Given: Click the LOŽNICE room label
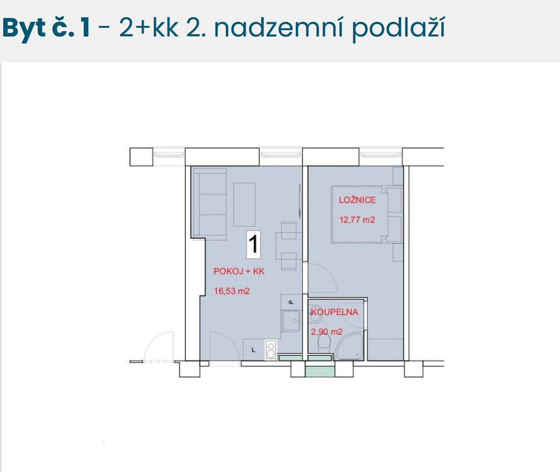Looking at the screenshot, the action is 357,200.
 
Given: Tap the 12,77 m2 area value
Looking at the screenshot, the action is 357,219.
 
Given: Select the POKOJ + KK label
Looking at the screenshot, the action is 239,271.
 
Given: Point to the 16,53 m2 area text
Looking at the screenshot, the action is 231,291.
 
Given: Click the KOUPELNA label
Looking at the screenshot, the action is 334,312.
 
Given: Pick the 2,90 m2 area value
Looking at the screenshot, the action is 326,331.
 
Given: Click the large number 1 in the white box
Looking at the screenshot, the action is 253,244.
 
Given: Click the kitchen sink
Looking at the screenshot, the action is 290,321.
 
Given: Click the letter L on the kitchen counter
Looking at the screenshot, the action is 254,350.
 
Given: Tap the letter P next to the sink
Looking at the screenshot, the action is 291,302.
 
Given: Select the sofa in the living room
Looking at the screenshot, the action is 209,203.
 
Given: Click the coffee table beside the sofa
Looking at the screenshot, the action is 244,205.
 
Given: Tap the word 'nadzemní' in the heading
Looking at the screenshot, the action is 278,28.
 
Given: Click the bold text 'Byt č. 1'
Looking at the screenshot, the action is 46,28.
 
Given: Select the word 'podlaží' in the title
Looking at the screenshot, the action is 399,28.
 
